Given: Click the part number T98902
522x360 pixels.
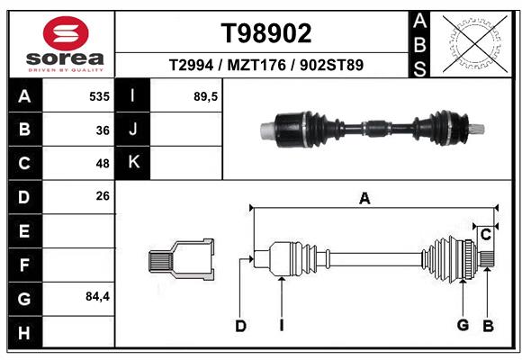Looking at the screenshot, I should coord(266,33).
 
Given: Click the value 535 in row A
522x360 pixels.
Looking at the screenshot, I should coord(99,96).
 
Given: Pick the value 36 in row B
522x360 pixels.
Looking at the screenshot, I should coord(103,130).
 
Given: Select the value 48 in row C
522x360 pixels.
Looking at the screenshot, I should coord(103,164).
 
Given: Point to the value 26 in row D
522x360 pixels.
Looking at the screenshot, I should coord(103,195).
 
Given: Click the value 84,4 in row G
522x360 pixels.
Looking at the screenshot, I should coord(97,296).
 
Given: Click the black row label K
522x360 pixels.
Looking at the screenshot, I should coord(133,163).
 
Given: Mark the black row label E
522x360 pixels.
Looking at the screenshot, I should coord(24,231).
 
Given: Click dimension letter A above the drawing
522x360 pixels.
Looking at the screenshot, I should coord(364,198).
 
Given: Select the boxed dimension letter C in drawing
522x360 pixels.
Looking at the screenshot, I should coord(485,235).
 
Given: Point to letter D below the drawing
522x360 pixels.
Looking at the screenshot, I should coord(240,326).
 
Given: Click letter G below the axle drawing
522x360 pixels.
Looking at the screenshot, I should coord(463,326).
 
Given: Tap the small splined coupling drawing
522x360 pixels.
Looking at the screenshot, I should coord(182,260).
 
